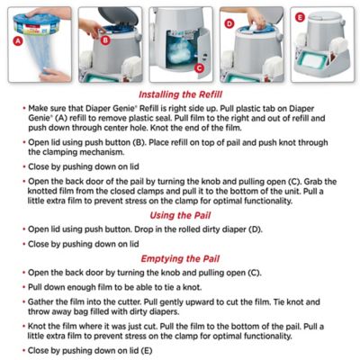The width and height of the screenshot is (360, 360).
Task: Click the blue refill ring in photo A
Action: pos(43,20)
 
